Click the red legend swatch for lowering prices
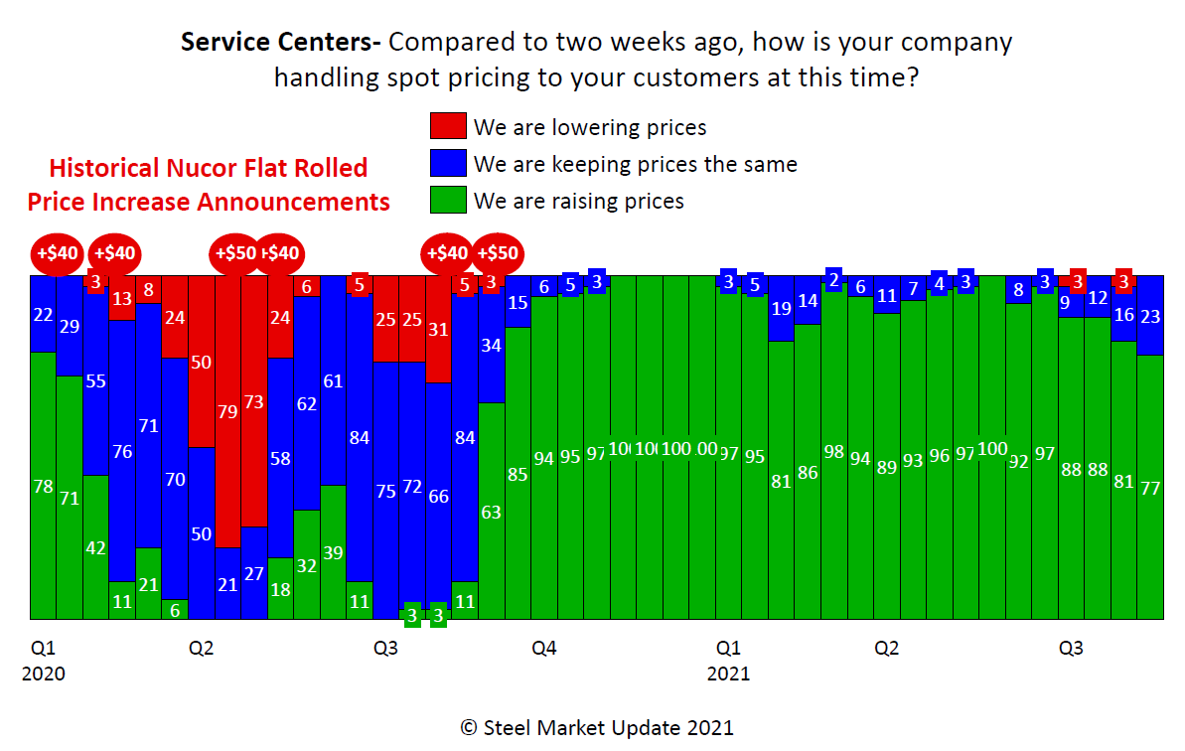(448, 126)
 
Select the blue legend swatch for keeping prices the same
(448, 163)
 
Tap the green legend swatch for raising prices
(448, 201)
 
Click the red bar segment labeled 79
(228, 411)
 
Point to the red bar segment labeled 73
(254, 401)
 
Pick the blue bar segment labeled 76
(122, 451)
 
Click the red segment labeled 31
(439, 330)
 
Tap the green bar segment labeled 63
(492, 512)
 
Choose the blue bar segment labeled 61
(334, 381)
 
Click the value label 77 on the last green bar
(1150, 488)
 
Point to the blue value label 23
(1150, 316)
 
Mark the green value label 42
(96, 547)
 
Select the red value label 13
(122, 298)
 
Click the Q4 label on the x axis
(543, 649)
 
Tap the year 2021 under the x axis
(728, 674)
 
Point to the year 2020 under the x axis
(43, 674)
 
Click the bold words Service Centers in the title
(280, 43)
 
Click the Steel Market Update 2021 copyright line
(596, 727)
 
